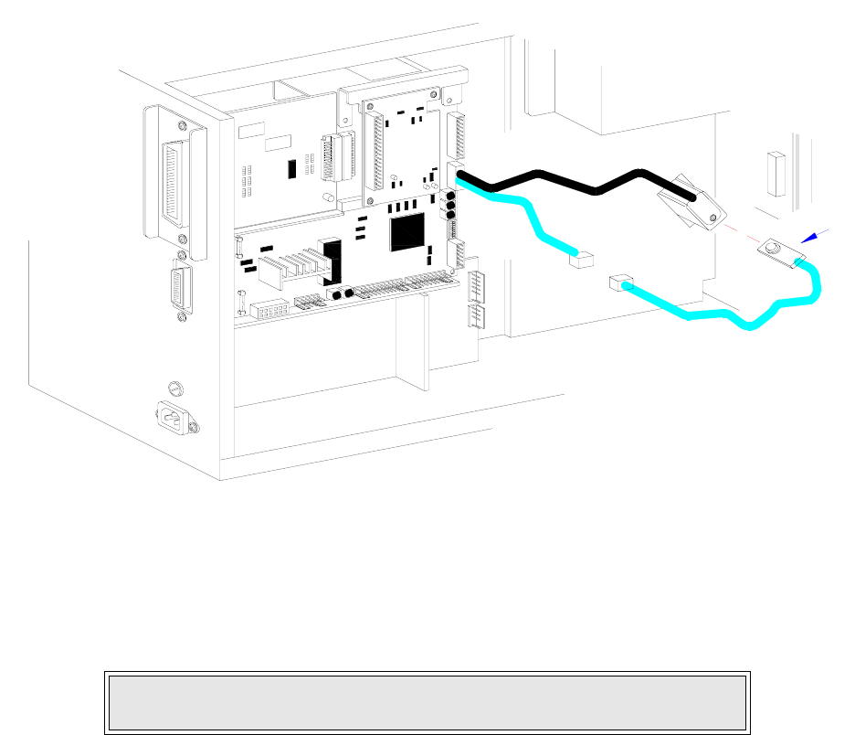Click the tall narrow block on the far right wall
(776, 175)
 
